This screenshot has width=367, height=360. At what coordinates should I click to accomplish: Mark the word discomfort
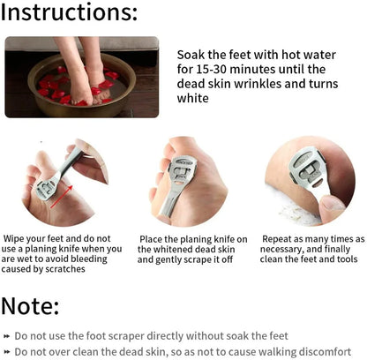click(325, 351)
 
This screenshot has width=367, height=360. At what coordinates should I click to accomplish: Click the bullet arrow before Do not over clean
click(6, 352)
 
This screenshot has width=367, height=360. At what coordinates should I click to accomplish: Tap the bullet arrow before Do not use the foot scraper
click(6, 336)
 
